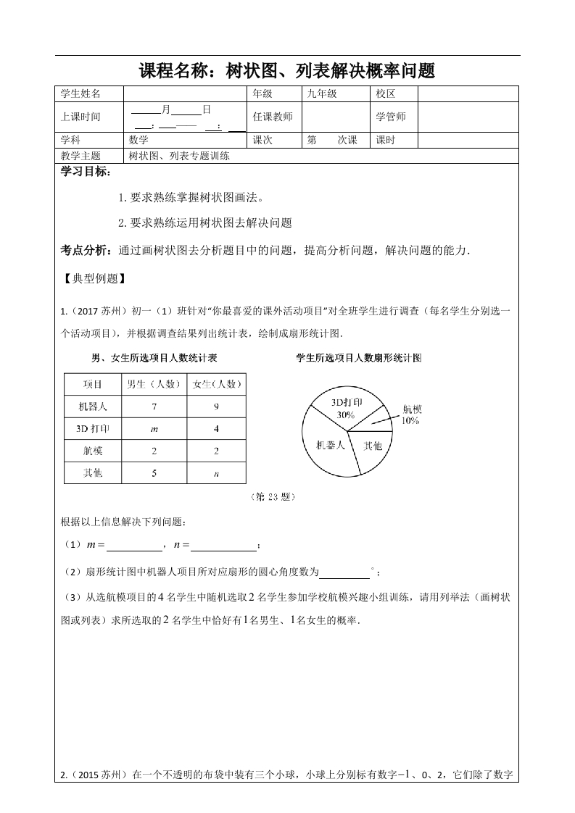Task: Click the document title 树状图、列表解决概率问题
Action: tap(287, 71)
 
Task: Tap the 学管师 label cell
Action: tap(391, 117)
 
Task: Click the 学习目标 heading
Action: tap(86, 172)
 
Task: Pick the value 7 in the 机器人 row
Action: tap(154, 406)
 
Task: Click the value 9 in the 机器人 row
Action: tap(216, 406)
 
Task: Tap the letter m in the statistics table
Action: tap(154, 428)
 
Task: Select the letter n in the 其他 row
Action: tap(216, 474)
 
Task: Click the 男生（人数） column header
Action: tap(154, 384)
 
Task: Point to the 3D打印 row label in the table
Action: tap(93, 428)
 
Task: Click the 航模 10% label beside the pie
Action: tap(410, 414)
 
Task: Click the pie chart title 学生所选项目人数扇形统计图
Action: tap(360, 358)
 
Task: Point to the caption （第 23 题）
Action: tap(273, 497)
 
